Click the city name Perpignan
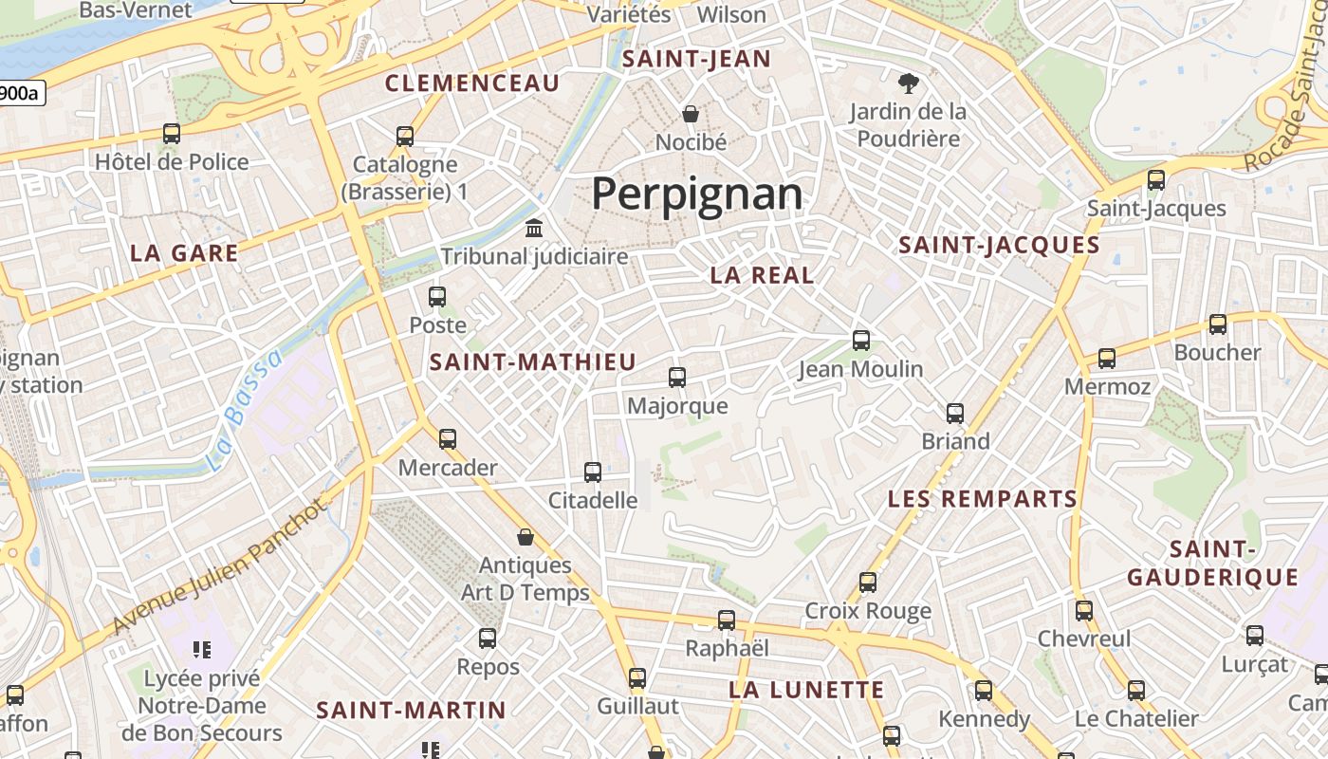pos(697,194)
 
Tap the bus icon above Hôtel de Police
pos(172,134)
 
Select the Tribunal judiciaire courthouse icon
pos(534,229)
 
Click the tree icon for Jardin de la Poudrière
pos(909,83)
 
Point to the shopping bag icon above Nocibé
pos(691,114)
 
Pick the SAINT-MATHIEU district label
pos(533,361)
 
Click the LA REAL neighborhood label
pos(763,275)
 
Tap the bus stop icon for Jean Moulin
pos(861,340)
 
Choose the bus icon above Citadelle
pos(593,472)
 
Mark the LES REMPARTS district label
pos(983,499)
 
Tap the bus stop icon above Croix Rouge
pos(868,582)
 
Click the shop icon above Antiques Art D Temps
pos(526,537)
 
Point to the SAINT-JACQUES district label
pos(999,245)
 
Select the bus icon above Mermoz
pos(1107,359)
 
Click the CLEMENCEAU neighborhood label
pos(472,83)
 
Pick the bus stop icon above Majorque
pos(677,378)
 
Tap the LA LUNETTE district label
pos(806,690)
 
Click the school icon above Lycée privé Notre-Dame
pos(201,650)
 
